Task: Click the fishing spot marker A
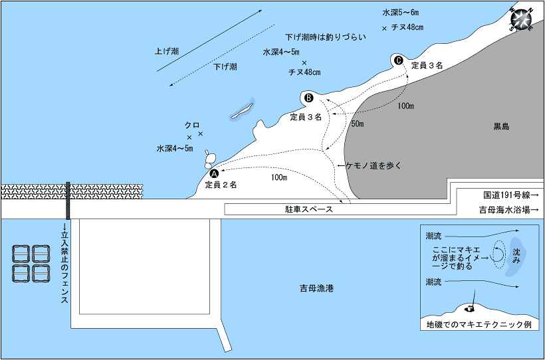pos(214,172)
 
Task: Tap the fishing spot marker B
pos(308,98)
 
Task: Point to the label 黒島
pos(500,126)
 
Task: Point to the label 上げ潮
pos(166,50)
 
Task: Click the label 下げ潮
pos(225,67)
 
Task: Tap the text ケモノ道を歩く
pos(374,165)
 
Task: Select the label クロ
pos(192,125)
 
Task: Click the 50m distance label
pos(357,124)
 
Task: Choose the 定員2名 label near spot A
pos(221,184)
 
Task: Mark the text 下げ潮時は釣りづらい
pos(326,37)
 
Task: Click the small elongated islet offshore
pos(242,111)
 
